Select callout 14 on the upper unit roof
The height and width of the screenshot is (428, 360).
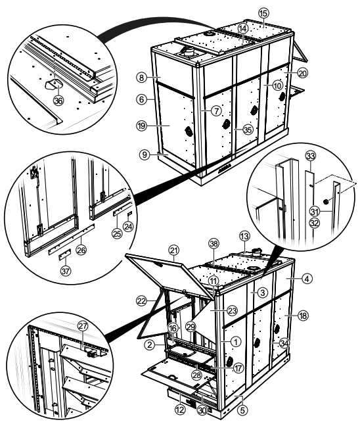click(243, 29)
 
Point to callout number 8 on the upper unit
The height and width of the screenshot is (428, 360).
click(141, 78)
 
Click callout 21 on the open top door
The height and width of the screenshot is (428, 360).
click(174, 250)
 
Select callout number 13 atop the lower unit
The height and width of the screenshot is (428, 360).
click(244, 235)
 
